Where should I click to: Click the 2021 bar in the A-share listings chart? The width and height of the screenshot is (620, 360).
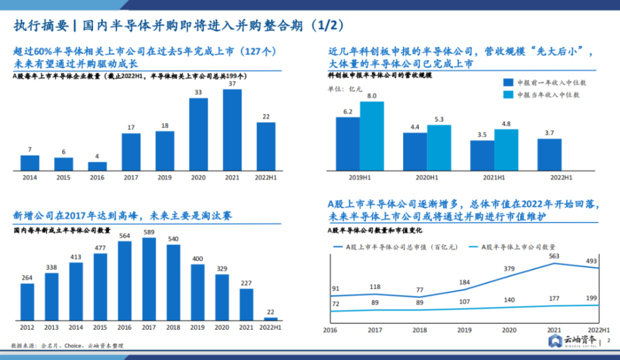tap(232, 130)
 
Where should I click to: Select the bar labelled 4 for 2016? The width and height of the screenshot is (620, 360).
tap(97, 166)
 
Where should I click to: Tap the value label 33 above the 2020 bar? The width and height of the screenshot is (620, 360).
tap(198, 92)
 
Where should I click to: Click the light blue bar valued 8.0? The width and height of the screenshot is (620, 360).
tap(371, 136)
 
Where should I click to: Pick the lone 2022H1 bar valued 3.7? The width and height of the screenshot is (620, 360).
tap(549, 155)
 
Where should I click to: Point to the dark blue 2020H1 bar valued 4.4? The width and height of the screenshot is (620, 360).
tap(415, 152)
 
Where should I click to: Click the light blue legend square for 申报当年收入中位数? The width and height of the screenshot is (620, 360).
tap(508, 95)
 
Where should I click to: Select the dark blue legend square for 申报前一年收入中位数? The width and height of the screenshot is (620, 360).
tap(508, 82)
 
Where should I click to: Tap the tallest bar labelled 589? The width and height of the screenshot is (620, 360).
tap(149, 279)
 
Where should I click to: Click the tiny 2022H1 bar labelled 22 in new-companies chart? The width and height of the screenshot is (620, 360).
tap(271, 319)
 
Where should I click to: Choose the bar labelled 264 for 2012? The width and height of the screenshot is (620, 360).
tap(27, 302)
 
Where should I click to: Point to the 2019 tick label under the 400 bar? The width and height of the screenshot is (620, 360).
tap(197, 328)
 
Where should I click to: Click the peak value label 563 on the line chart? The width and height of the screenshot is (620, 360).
tap(554, 256)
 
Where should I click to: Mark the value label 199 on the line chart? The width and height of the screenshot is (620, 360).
tap(591, 298)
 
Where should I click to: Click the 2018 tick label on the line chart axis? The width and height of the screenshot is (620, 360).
tap(420, 330)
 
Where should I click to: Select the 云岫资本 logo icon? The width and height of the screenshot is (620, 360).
tap(556, 341)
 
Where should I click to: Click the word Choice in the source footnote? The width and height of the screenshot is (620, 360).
tap(73, 346)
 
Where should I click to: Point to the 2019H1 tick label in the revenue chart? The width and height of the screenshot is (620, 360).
tap(360, 178)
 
